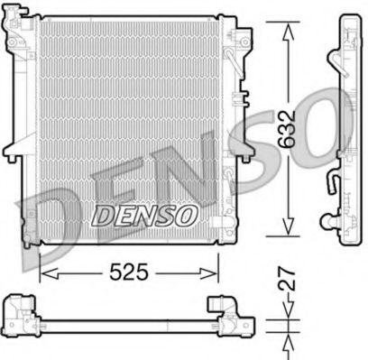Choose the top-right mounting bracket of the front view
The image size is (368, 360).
pos(242,41)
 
